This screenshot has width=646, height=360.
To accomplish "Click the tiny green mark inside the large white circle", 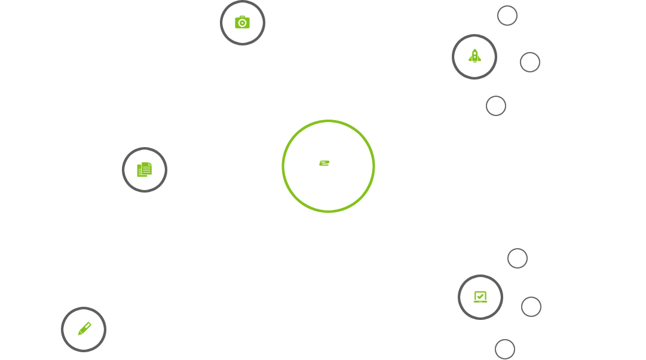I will pos(324,163).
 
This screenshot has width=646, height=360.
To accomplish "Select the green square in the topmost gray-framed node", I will pos(242,22).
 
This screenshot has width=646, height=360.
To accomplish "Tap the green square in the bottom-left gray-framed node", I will pos(84,329).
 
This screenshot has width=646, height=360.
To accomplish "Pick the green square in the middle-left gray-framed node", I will pos(144,170).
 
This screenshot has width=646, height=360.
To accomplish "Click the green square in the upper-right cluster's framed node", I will pos(474,56).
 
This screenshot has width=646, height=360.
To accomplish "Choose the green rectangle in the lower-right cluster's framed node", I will pos(480,297).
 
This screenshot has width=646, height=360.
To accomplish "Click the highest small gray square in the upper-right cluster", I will pos(507,16).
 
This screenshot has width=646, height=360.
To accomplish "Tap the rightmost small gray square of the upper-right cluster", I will pos(530,62).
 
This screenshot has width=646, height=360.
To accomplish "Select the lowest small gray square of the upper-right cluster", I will pos(496,106).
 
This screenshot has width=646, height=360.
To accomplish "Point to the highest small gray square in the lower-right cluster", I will pos(518,258).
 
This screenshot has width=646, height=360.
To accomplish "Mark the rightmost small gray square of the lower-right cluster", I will pos(531,307).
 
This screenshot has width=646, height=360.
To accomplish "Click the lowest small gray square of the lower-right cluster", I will pos(505,349).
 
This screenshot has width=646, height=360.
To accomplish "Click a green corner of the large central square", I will pos(286,124).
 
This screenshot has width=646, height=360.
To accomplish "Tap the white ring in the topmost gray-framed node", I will pos(229,22).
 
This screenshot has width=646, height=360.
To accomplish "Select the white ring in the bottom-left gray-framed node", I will pos(71,329).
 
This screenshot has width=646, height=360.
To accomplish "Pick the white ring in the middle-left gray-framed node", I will pos(131,170).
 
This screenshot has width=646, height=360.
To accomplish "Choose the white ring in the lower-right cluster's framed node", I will pos(467,297).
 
